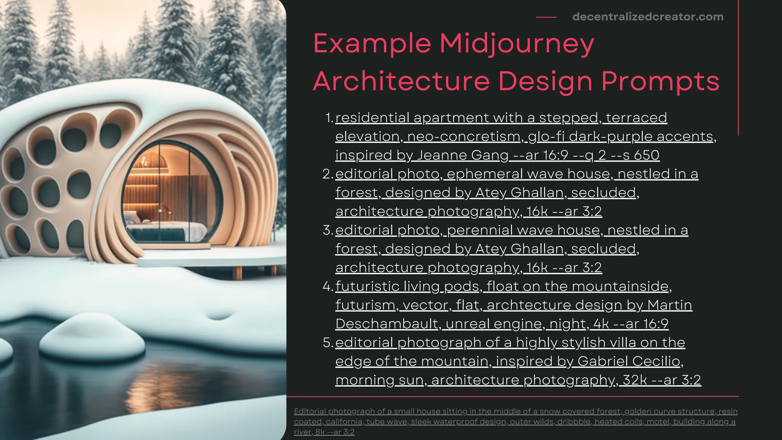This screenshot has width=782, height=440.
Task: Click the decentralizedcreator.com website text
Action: (648, 17)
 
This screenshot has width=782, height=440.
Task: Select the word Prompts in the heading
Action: (660, 82)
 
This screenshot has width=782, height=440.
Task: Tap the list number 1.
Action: (329, 118)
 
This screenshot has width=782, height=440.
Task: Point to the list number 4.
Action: (328, 286)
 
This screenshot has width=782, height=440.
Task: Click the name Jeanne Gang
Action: (462, 155)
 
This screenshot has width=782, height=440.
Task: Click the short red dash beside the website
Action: (546, 17)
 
